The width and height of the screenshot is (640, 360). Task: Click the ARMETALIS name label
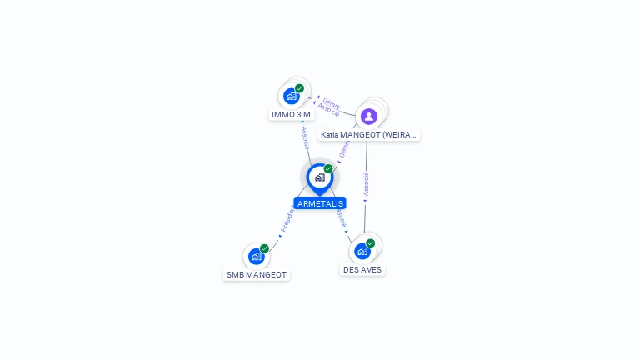[319, 203]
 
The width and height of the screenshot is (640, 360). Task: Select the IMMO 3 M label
[291, 114]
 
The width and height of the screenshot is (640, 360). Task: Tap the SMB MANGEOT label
[257, 275]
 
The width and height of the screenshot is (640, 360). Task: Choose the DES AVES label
[362, 270]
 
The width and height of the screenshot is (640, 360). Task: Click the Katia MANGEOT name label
[368, 134]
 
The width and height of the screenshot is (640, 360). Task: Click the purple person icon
[369, 116]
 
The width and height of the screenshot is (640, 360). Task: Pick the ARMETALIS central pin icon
[319, 177]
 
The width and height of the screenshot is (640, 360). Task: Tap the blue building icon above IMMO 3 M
[291, 96]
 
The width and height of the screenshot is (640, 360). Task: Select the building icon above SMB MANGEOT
[256, 257]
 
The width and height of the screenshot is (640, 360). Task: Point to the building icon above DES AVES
[362, 251]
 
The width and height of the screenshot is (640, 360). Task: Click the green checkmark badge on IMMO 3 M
[300, 88]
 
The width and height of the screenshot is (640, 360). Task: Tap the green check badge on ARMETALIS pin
[328, 169]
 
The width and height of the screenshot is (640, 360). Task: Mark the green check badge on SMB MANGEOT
[264, 248]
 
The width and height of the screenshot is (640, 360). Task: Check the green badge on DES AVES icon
[371, 243]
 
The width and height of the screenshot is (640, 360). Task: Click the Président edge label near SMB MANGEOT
[287, 218]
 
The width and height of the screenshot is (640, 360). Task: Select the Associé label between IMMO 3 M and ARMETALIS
[305, 138]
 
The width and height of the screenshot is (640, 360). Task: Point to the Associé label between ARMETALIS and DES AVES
[341, 218]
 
